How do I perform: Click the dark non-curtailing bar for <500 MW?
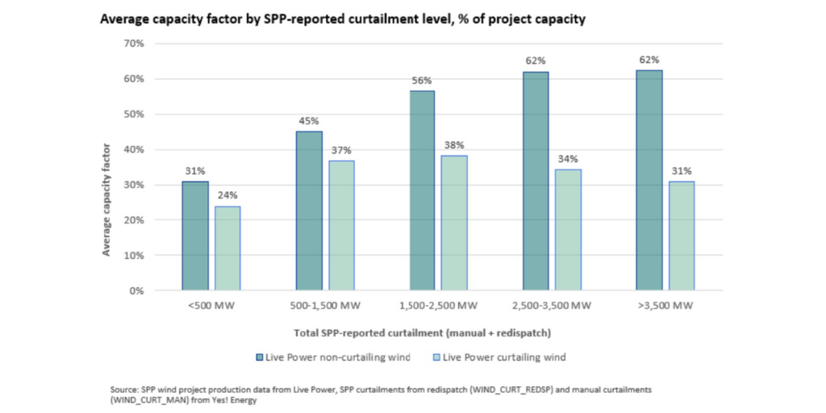coord(195,236)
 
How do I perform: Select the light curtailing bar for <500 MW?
coord(227,248)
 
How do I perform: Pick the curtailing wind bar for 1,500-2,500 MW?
coord(454,223)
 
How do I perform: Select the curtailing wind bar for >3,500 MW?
coord(682,236)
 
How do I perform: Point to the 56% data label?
coord(422,81)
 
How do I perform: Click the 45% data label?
coord(309,121)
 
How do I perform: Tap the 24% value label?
coord(227,196)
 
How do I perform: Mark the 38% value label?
coord(454,146)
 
